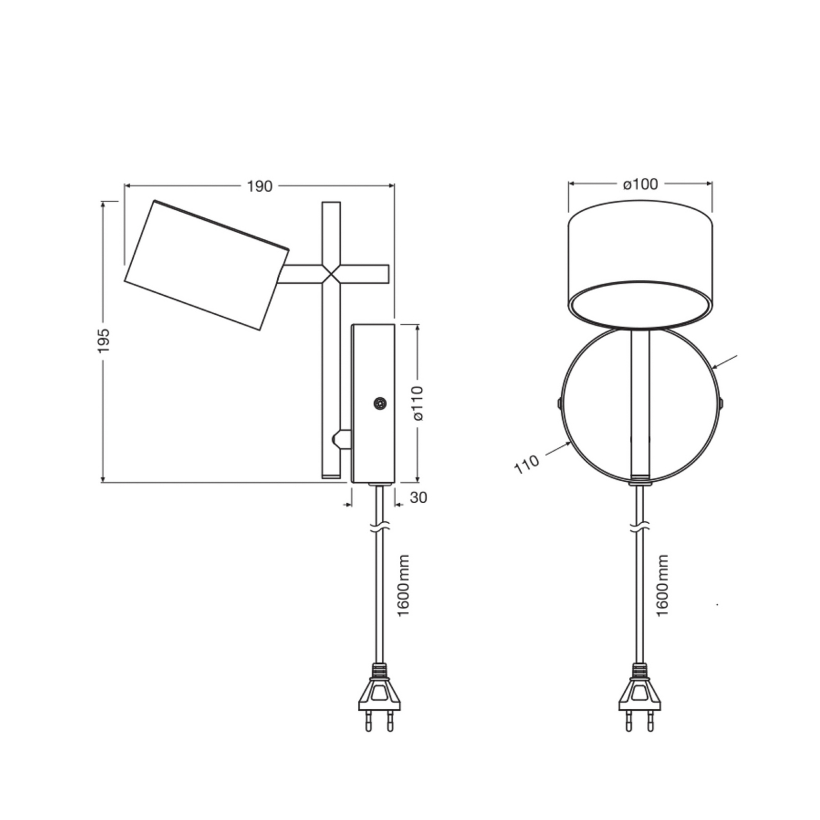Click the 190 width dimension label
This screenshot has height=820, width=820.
coord(260,186)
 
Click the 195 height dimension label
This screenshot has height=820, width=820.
coord(104,340)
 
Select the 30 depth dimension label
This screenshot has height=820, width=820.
coord(418,498)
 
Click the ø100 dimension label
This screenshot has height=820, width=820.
coord(641,184)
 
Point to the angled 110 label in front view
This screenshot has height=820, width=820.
coord(527,464)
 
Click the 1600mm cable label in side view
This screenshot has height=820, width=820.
coord(404,586)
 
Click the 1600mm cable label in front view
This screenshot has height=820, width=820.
coord(663,586)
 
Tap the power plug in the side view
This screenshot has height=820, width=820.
coord(379,698)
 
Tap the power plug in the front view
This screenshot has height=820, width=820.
coord(640,698)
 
